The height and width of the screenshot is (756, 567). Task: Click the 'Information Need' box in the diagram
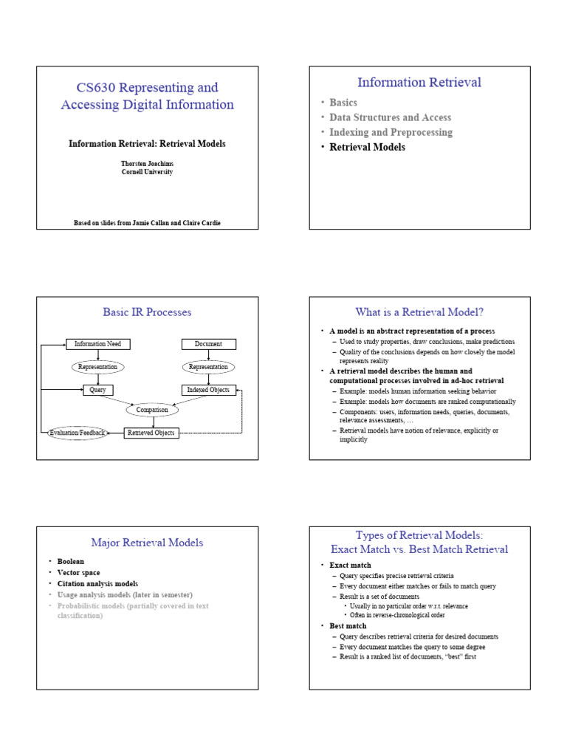pyautogui.click(x=98, y=344)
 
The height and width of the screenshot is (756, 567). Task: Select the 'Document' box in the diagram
pyautogui.click(x=208, y=344)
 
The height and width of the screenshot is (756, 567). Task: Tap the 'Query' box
pyautogui.click(x=98, y=390)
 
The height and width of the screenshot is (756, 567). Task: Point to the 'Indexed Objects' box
pyautogui.click(x=208, y=390)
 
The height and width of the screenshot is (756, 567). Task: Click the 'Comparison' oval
pyautogui.click(x=153, y=410)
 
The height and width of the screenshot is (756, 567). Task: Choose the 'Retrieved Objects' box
pyautogui.click(x=152, y=433)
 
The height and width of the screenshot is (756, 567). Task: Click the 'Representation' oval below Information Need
pyautogui.click(x=98, y=367)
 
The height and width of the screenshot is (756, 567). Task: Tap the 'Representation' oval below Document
pyautogui.click(x=208, y=367)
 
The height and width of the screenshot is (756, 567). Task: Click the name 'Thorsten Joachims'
pyautogui.click(x=148, y=163)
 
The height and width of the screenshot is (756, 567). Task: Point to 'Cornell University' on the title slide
pyautogui.click(x=148, y=172)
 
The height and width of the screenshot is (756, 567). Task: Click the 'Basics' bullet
pyautogui.click(x=343, y=103)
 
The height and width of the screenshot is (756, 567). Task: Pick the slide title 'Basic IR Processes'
pyautogui.click(x=147, y=312)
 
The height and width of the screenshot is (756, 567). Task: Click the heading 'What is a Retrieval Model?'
pyautogui.click(x=419, y=312)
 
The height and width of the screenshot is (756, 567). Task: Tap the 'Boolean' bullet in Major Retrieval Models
pyautogui.click(x=71, y=561)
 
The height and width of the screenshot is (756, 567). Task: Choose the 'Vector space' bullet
pyautogui.click(x=79, y=572)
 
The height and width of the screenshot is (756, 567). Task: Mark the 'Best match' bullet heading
pyautogui.click(x=348, y=626)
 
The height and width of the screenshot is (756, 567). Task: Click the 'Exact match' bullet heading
pyautogui.click(x=350, y=566)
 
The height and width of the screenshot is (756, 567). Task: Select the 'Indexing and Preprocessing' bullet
pyautogui.click(x=391, y=132)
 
